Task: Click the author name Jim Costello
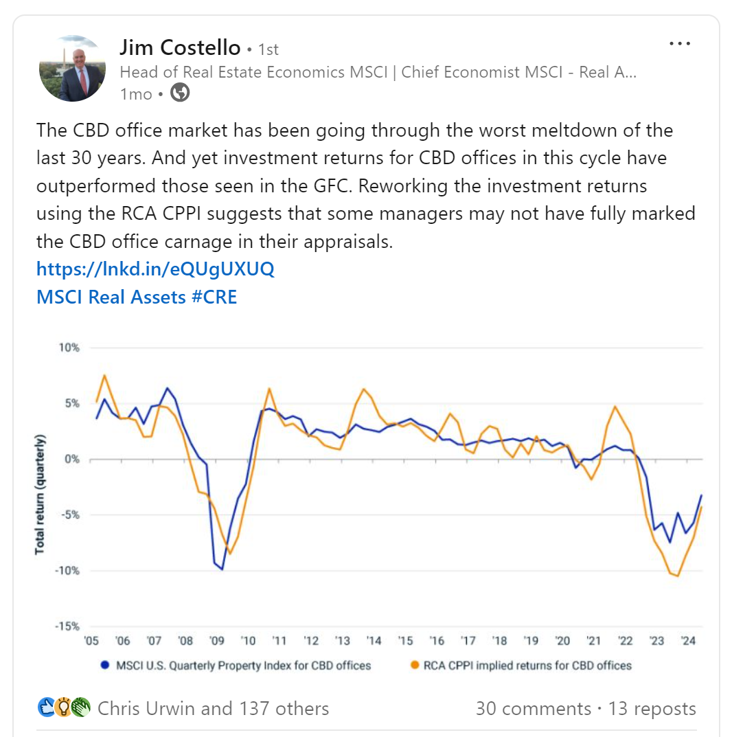click(180, 47)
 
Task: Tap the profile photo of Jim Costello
click(72, 69)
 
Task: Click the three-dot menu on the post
click(679, 44)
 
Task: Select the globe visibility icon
click(180, 93)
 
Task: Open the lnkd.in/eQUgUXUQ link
click(155, 269)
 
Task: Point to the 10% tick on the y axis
click(69, 348)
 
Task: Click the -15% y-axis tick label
click(67, 626)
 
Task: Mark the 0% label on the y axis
click(72, 459)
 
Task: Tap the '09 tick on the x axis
click(217, 641)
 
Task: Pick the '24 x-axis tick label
click(687, 641)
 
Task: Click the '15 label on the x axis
click(405, 641)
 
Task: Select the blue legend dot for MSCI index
click(105, 665)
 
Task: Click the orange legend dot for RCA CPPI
click(413, 665)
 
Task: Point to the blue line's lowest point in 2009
click(222, 569)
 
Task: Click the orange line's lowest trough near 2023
click(678, 576)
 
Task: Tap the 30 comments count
click(533, 708)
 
